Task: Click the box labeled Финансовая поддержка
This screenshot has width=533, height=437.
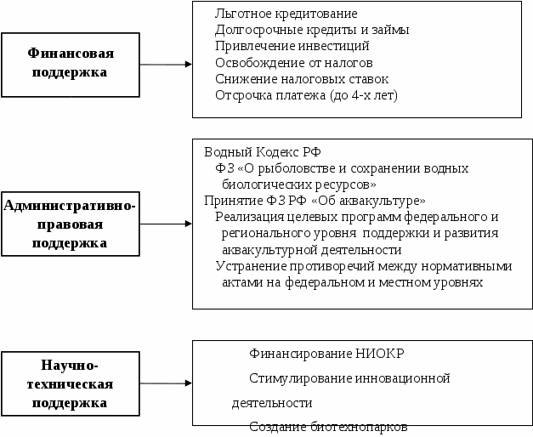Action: tap(70, 64)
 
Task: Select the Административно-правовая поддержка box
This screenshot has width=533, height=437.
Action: tap(70, 224)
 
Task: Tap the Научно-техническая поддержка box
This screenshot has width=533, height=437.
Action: tap(70, 384)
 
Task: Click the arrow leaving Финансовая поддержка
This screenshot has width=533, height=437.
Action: tap(166, 64)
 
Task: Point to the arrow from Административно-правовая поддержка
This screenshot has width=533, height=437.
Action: tap(166, 224)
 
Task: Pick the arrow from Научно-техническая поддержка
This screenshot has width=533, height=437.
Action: tap(166, 383)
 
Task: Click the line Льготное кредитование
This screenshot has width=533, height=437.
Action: tap(286, 14)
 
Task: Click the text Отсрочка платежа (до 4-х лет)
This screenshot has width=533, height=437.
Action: tap(306, 94)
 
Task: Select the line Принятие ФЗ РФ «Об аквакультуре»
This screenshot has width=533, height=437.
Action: tap(315, 201)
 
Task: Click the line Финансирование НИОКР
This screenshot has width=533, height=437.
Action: tap(315, 353)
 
